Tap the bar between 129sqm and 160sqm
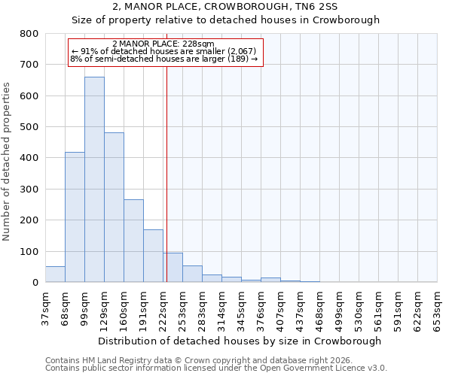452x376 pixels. coord(114,207)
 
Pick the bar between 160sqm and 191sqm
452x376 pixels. coord(133,241)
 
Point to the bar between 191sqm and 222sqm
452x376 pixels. coord(153,256)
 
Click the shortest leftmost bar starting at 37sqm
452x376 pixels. coord(55,274)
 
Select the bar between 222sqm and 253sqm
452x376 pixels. coord(173,267)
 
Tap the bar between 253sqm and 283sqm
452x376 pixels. coord(192,274)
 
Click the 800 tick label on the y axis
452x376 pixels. coord(29,34)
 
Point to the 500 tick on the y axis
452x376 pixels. coord(29,127)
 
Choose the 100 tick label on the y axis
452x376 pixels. coord(29,251)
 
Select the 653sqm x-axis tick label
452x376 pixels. coord(438,305)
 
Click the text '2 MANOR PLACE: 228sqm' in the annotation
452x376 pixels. coord(163,44)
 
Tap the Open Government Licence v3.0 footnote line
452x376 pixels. coord(216,368)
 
